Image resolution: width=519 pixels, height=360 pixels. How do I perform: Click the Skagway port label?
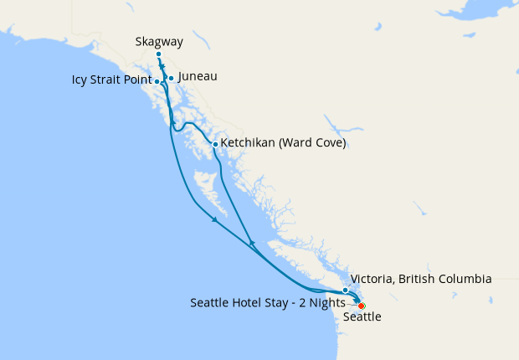pos(159,41)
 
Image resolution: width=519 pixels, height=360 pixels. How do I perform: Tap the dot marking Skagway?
pos(158,54)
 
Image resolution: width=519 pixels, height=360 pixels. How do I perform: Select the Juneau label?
pos(198,76)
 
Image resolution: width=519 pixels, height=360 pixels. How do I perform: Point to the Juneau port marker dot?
pos(171,79)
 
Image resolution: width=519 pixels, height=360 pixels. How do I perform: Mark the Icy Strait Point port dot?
pos(158,81)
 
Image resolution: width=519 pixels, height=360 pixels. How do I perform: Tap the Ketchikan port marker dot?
pos(215,144)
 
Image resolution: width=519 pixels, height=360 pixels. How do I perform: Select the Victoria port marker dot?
pos(345,290)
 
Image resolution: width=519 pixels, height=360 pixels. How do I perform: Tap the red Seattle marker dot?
pos(361,306)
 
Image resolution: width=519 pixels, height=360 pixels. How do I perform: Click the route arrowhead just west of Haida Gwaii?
pos(215,219)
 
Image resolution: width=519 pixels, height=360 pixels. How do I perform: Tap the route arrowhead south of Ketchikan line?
pos(251,244)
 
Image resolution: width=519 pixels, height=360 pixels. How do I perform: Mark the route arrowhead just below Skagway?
pos(162,66)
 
